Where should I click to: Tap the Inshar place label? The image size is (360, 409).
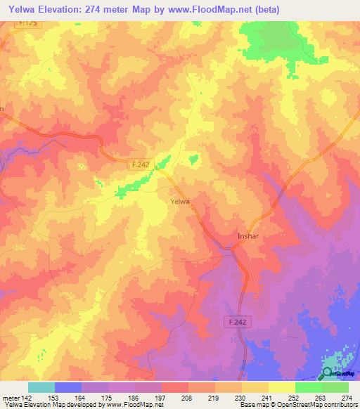249,236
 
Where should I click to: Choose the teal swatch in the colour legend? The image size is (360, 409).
41,387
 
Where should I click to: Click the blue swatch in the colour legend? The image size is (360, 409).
68,387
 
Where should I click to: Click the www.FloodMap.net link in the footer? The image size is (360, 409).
129,405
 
